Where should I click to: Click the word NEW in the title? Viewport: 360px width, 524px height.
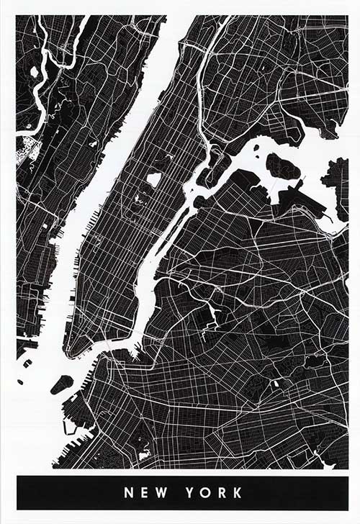click(144, 493)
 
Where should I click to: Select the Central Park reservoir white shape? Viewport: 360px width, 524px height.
click(154, 179)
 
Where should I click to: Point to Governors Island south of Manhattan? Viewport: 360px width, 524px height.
click(61, 384)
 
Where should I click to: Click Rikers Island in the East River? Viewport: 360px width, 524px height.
click(282, 166)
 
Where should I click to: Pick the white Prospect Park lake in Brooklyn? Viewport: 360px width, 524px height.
click(143, 453)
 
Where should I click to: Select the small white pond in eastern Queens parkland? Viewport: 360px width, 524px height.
click(274, 384)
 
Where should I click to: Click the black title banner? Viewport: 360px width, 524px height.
click(72, 493)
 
